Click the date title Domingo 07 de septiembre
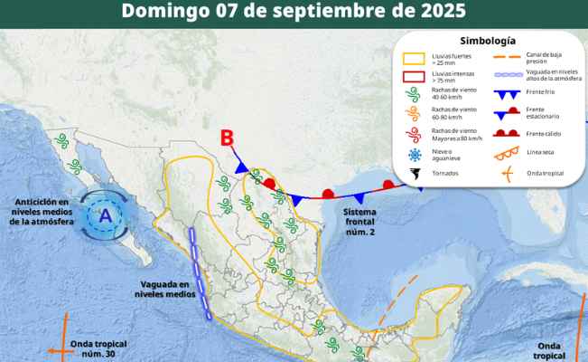(294, 12)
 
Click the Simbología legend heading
(487, 41)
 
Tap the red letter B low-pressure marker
(228, 138)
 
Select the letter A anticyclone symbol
(106, 215)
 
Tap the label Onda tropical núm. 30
(94, 349)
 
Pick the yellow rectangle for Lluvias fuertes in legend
(414, 59)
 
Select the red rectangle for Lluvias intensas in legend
(414, 79)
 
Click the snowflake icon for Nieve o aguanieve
(414, 155)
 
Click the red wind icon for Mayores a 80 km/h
(414, 135)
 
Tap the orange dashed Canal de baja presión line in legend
(505, 57)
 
